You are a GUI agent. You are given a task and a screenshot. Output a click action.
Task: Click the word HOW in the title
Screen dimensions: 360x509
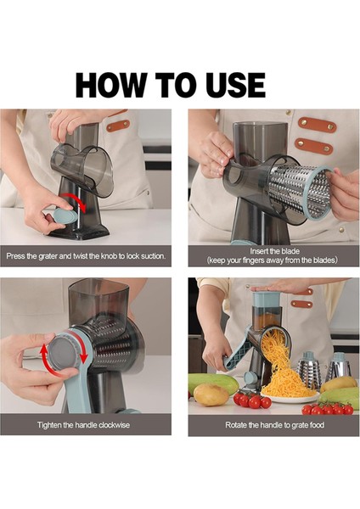[x=111, y=85]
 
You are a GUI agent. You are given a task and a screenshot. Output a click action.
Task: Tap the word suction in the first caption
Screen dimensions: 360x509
[x=153, y=256]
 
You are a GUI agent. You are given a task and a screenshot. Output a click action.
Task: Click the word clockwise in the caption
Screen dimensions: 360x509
[x=114, y=425]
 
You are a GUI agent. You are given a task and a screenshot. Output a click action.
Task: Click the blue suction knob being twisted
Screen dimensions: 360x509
[x=65, y=215]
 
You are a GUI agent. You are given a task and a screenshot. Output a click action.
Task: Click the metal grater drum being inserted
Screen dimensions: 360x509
[x=301, y=191]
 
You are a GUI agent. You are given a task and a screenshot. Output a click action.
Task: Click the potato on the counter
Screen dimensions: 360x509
[x=211, y=394]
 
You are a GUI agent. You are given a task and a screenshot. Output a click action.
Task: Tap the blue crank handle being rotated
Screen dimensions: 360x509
[x=237, y=354]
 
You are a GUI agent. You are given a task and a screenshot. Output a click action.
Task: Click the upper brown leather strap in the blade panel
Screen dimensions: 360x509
[x=317, y=125]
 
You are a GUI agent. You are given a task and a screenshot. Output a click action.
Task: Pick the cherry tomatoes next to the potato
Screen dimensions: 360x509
[x=252, y=400]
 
